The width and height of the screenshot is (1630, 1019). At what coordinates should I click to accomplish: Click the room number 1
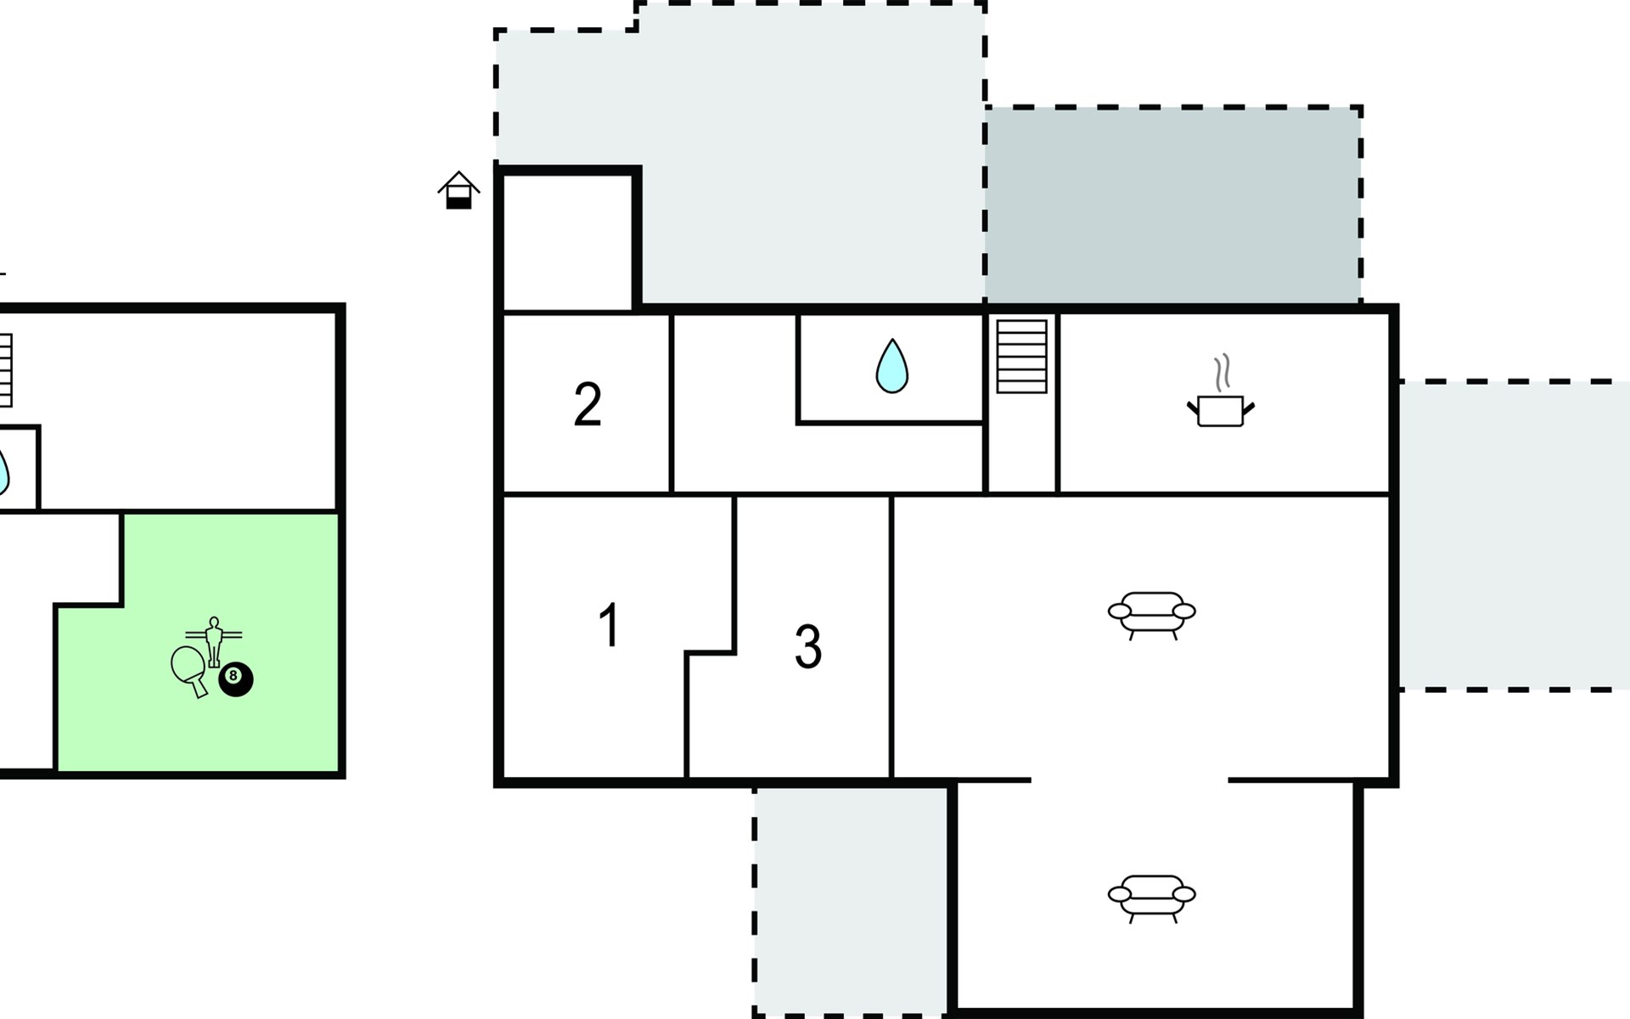pos(609,626)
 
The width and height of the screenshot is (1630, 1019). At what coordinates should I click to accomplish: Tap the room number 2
pos(587,404)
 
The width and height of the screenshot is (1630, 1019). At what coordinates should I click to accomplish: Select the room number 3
pos(808,647)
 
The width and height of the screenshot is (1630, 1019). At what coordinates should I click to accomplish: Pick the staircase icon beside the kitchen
pos(1021,356)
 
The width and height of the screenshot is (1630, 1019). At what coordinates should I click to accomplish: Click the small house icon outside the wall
pos(458,190)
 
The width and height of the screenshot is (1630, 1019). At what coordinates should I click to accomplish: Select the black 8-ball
pos(236,679)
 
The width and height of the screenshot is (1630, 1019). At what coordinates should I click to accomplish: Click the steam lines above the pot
pos(1222,374)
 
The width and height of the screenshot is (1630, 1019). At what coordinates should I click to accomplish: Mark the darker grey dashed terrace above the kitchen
pos(1173,205)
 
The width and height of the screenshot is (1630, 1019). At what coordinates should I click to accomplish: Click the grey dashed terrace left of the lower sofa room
pos(851,900)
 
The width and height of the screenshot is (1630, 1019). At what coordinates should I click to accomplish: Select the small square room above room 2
pos(568,243)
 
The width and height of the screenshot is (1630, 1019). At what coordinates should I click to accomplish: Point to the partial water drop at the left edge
pos(3,471)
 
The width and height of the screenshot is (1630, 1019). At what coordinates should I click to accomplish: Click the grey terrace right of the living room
pos(1515,536)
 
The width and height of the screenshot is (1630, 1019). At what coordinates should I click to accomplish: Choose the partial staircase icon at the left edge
pos(5,370)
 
